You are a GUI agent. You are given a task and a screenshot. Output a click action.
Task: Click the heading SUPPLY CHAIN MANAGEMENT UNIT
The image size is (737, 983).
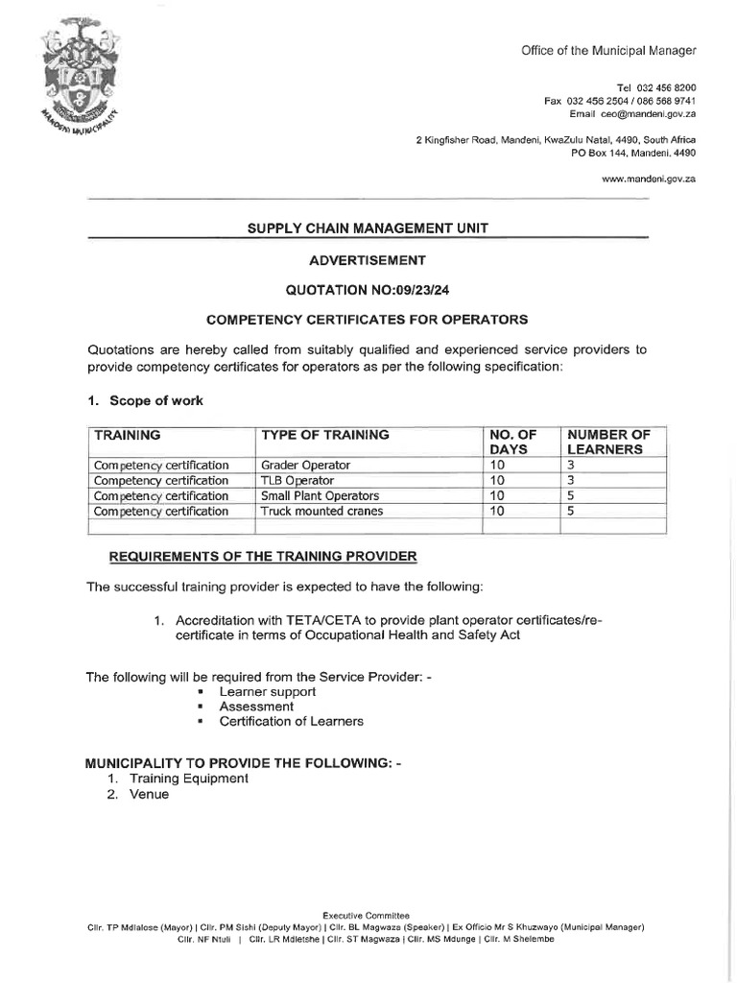coord(368,228)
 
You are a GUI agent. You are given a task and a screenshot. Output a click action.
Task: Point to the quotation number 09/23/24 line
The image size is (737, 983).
coord(368,289)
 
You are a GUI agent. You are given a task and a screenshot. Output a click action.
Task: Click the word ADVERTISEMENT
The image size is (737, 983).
coord(368,259)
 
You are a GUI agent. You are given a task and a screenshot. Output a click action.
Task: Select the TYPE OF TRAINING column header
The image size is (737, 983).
coord(325,435)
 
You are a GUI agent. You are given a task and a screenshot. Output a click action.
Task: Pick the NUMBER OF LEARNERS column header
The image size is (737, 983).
coord(609,442)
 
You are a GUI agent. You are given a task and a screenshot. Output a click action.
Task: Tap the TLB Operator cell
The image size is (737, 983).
coord(297,480)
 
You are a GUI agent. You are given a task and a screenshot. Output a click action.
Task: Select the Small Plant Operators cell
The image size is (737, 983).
coord(320,495)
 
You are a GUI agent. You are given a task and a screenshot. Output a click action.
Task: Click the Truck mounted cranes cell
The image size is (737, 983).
coord(321,511)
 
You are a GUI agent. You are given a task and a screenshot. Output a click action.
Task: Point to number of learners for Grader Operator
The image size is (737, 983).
coord(571,465)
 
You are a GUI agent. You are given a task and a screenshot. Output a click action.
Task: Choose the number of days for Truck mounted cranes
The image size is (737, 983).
coord(497,511)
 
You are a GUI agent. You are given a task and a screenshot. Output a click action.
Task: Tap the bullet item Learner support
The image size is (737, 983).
coord(267,691)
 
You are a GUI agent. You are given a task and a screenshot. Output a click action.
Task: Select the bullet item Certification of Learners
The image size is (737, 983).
coord(291,721)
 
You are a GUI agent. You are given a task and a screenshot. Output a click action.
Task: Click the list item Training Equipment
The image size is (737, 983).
coord(188,779)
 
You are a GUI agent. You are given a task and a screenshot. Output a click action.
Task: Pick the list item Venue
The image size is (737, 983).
coord(149,794)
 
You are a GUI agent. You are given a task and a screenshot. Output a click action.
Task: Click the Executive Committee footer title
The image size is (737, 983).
coord(366,916)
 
